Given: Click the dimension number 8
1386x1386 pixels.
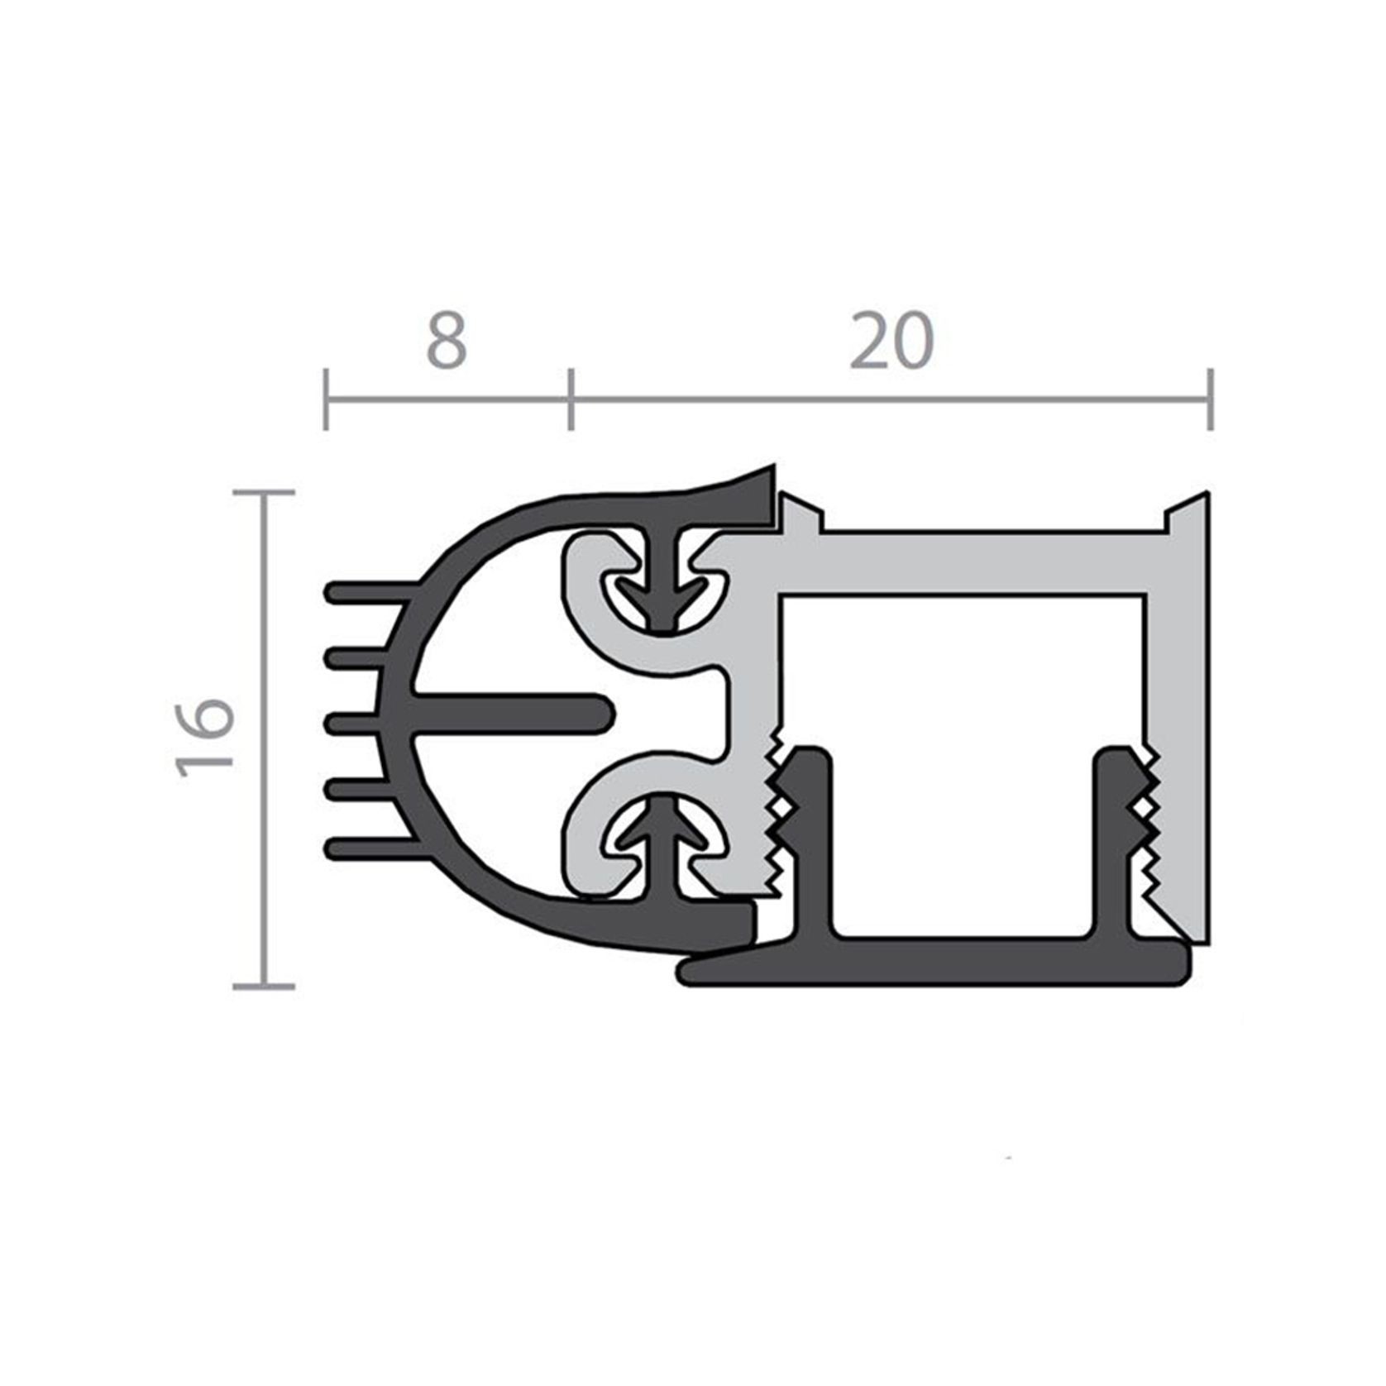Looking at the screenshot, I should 447,341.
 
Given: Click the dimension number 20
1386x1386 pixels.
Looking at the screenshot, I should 891,341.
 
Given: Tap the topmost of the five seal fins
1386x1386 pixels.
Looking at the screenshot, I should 364,592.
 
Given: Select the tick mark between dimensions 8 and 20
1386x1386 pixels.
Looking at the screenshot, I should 570,400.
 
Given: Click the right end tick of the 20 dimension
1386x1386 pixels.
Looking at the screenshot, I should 1210,400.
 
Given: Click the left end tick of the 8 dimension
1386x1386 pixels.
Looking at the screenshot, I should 326,400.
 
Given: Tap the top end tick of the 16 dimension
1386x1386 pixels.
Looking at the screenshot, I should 264,492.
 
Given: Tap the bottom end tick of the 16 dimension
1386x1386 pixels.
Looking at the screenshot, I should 264,986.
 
